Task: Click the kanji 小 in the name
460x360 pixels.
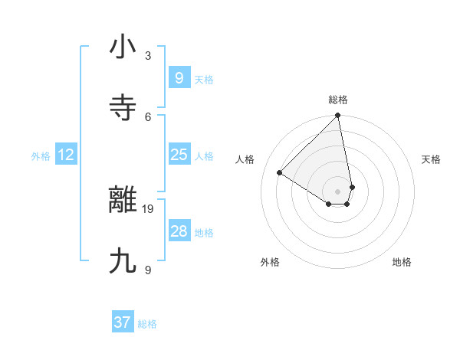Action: pos(123,47)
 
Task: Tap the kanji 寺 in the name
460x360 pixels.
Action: pos(123,108)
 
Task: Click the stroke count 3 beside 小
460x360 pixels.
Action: pos(148,55)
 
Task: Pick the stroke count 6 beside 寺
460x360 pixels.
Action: pos(148,116)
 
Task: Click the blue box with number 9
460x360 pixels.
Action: pos(179,77)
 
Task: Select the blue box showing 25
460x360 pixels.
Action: pos(179,155)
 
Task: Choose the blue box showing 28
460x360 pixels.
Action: pos(179,231)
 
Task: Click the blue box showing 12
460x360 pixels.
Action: pos(66,155)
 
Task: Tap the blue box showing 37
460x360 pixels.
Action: pos(123,322)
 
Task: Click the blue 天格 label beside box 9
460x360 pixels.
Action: pos(204,80)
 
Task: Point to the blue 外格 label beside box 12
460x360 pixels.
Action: pos(41,156)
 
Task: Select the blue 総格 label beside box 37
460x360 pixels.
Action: pos(147,324)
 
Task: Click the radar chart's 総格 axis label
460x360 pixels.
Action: pos(337,100)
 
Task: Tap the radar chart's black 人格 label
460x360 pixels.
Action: pos(245,159)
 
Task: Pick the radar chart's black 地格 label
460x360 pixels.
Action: pos(402,263)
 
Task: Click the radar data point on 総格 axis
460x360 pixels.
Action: pos(337,116)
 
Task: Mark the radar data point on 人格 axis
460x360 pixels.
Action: pos(280,172)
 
